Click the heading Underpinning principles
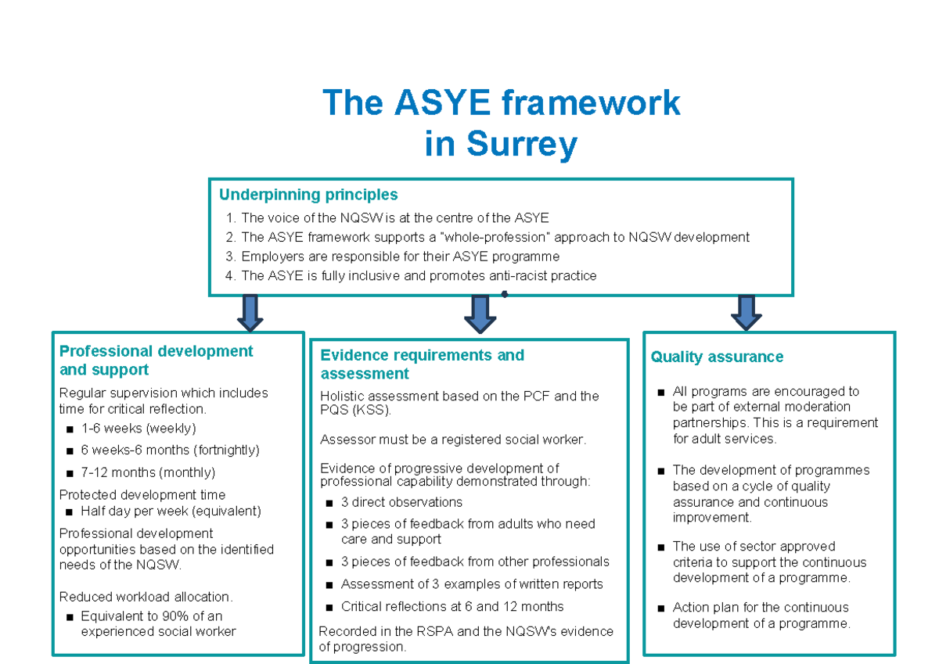click(308, 195)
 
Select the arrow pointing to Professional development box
click(250, 312)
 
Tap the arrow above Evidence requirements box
click(480, 314)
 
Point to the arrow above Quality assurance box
click(746, 311)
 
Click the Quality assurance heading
click(717, 357)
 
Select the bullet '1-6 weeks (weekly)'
click(138, 428)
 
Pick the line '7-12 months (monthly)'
click(147, 472)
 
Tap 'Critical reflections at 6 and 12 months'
click(452, 607)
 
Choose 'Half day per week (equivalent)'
click(171, 511)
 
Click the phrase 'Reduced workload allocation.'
click(146, 598)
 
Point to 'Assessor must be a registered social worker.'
click(452, 440)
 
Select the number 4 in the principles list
click(229, 275)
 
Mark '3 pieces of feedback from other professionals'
click(475, 562)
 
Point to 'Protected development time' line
click(142, 495)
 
